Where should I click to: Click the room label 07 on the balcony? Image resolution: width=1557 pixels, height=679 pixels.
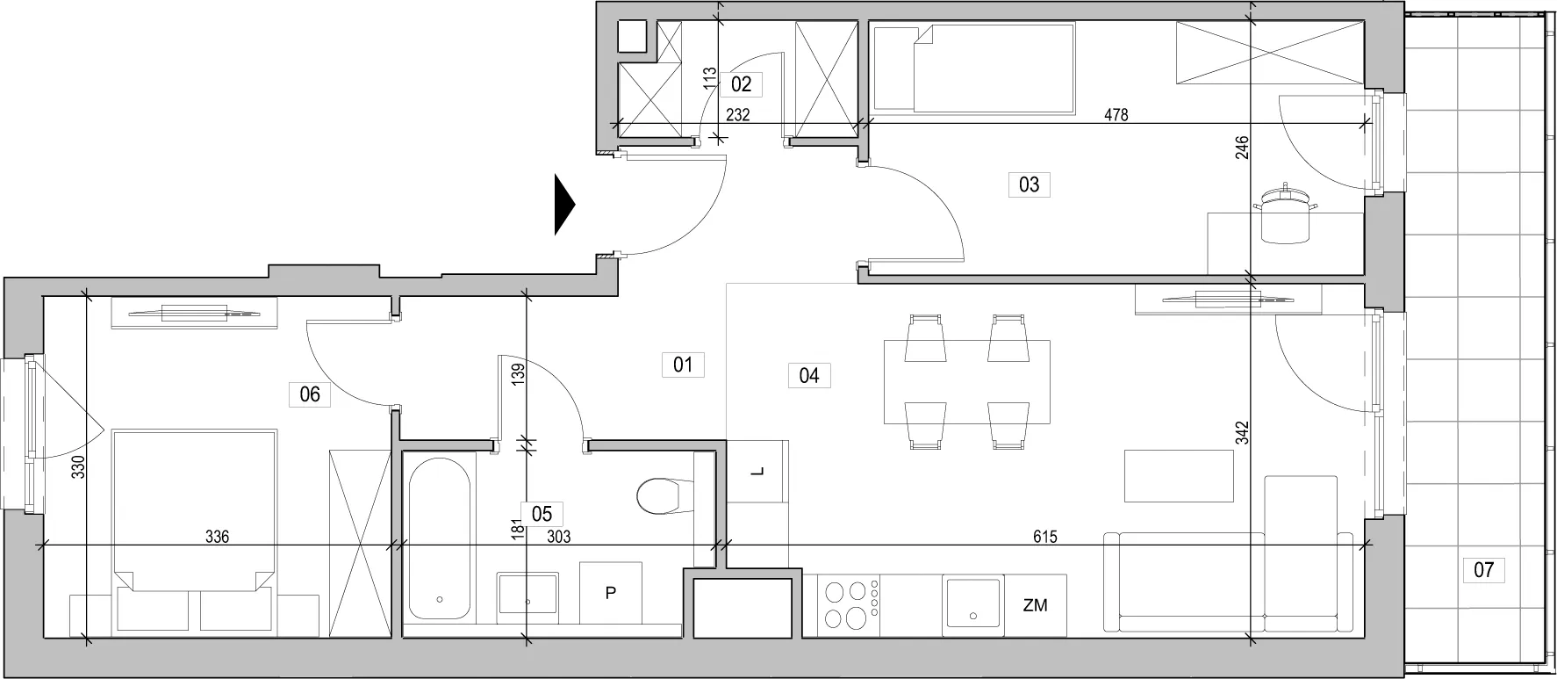point(1483,570)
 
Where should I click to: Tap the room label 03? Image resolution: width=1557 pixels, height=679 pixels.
point(1029,184)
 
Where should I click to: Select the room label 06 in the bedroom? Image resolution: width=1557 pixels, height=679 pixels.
point(310,394)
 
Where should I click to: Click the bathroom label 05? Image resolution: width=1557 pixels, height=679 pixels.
point(542,514)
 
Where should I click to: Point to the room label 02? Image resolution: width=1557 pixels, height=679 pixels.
point(741,84)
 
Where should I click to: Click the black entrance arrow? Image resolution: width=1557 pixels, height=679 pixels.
point(564,206)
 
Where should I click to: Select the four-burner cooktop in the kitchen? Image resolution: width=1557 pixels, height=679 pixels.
point(849,605)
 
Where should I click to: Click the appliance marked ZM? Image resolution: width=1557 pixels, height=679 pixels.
point(1036,605)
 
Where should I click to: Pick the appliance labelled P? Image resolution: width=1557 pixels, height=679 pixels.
point(611,593)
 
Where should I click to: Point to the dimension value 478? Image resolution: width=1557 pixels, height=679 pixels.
point(1116,114)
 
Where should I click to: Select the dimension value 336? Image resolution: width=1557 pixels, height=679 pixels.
point(217,537)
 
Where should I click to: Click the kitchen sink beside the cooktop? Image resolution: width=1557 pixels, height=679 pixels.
point(972,605)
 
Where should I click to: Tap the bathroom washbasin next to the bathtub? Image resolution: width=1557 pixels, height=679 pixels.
point(527,594)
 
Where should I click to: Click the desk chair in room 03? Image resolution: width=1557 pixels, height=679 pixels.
point(1286,213)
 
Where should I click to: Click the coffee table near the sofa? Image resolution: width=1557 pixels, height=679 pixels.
point(1180,476)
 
